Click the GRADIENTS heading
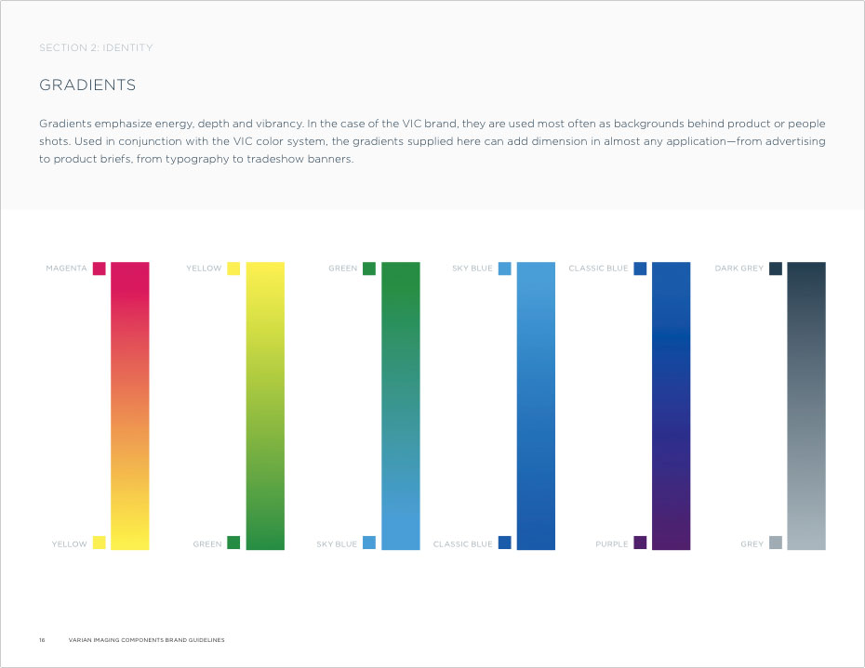pos(87,85)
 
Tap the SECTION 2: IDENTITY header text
pos(96,47)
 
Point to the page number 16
pos(42,640)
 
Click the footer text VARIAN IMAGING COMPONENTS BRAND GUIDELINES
pos(146,640)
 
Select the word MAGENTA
pos(66,269)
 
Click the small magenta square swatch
pos(99,269)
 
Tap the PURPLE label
pos(612,544)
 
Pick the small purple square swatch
pos(640,543)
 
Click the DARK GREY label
pos(739,269)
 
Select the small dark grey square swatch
pos(776,269)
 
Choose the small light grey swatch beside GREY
pos(776,543)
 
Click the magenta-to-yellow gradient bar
pos(130,406)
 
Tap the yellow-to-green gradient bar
pos(265,406)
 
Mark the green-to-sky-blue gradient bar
pos(401,406)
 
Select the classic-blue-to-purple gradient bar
pos(672,406)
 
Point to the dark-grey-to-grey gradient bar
pos(806,406)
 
